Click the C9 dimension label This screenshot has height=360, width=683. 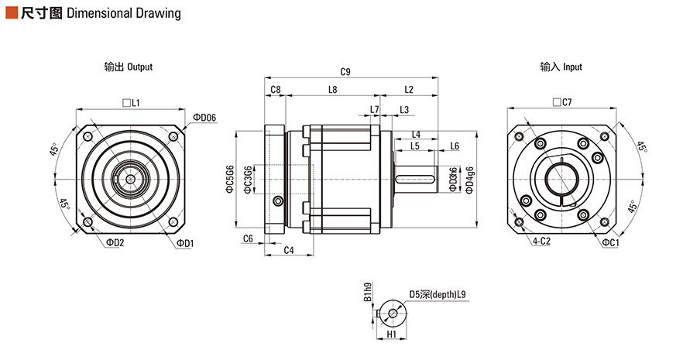(x=345, y=72)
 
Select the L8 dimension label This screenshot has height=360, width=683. (x=332, y=89)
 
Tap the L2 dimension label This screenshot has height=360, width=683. (x=408, y=89)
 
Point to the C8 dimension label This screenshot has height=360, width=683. (x=276, y=89)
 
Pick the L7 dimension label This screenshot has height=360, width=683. (x=375, y=109)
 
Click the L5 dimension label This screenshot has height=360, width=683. (x=414, y=146)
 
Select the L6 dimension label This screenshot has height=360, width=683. (x=455, y=146)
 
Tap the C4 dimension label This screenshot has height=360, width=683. (x=288, y=249)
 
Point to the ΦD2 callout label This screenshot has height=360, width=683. (x=115, y=243)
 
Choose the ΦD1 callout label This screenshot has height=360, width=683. (x=185, y=243)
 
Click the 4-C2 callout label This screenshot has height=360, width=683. (x=541, y=242)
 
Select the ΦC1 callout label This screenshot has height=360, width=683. (x=610, y=243)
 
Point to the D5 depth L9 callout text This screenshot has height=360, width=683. (x=438, y=295)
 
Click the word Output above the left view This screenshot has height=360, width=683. (x=140, y=67)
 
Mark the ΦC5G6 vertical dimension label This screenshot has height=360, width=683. (x=229, y=180)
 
